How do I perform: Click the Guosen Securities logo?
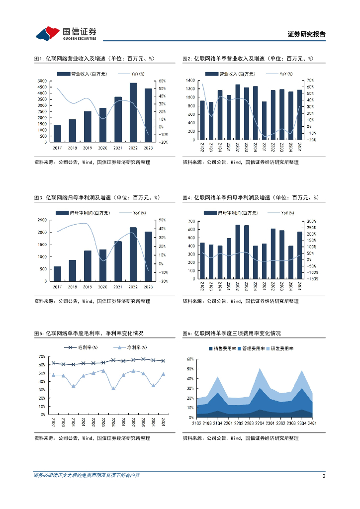[x=65, y=33]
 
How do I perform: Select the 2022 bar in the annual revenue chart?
[x=133, y=112]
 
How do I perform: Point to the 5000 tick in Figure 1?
[x=42, y=81]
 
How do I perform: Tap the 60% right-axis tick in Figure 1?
[x=162, y=81]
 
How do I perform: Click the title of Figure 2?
[x=248, y=59]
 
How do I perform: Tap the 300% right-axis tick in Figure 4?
[x=311, y=221]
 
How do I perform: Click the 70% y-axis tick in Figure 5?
[x=42, y=357]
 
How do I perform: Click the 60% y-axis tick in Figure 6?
[x=190, y=359]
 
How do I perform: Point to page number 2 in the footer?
[x=324, y=476]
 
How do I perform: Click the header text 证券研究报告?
[x=307, y=34]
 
